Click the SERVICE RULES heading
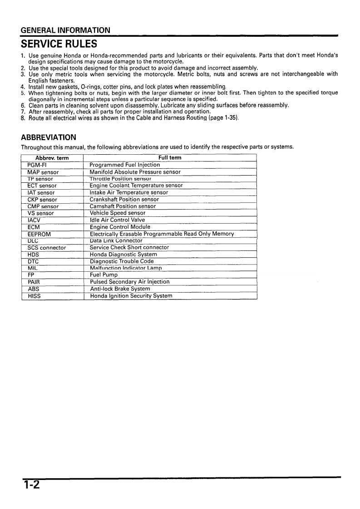click(59, 44)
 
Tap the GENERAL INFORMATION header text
click(65, 30)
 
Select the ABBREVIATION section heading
click(49, 137)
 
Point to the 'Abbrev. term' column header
click(52, 158)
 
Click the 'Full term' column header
click(170, 158)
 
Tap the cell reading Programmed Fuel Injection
click(125, 165)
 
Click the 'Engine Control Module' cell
click(120, 227)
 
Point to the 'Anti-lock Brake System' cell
click(120, 289)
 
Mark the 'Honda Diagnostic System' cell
click(123, 254)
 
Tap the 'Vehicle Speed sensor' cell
click(118, 213)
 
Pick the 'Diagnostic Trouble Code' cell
click(122, 261)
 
